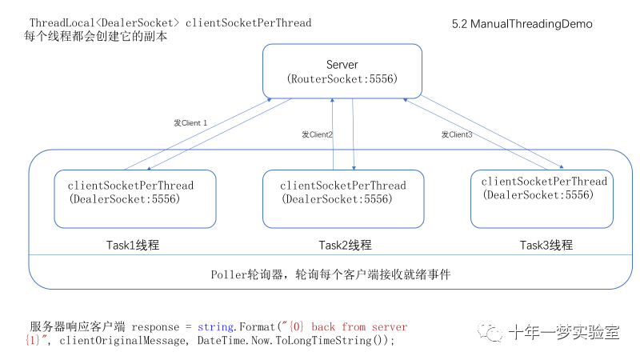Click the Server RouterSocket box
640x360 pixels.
(x=342, y=71)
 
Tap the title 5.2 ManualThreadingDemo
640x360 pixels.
(x=522, y=24)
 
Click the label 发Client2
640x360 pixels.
(x=317, y=134)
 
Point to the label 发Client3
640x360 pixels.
(x=456, y=134)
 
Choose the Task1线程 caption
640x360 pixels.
(x=138, y=245)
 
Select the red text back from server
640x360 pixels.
(x=359, y=327)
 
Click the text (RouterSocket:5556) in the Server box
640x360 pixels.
(x=342, y=79)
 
